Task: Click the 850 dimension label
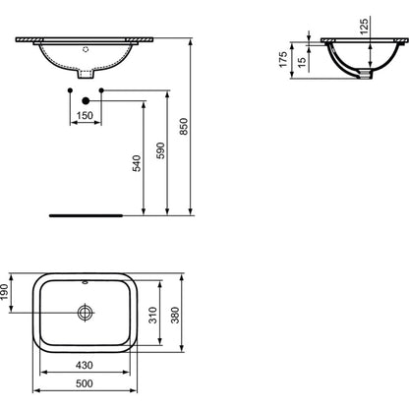(184, 126)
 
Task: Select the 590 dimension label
(160, 150)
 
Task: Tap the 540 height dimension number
(137, 163)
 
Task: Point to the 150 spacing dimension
(85, 115)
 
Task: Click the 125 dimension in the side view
(364, 26)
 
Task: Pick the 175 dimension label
(283, 59)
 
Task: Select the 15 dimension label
(302, 62)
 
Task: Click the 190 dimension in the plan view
(4, 292)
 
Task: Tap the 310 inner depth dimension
(153, 315)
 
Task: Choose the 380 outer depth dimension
(175, 315)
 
